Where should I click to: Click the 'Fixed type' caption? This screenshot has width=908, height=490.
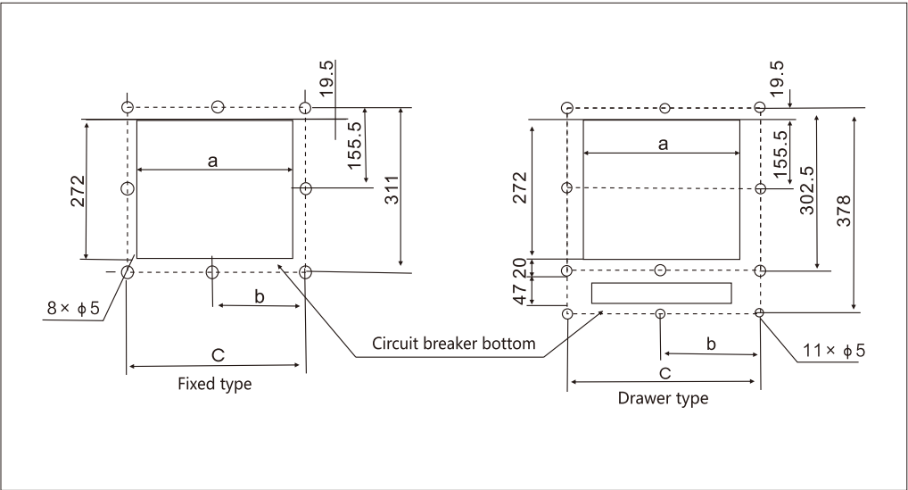215,385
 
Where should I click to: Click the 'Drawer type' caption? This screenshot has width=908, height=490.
664,399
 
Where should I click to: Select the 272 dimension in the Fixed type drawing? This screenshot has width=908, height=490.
77,189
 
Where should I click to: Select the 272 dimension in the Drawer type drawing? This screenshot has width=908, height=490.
522,189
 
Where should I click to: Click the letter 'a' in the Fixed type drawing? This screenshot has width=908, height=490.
212,160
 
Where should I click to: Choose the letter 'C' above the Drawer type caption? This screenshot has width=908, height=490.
664,370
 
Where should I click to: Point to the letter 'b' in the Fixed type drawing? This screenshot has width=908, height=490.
260,296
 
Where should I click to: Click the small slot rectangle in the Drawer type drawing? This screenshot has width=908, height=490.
661,293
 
